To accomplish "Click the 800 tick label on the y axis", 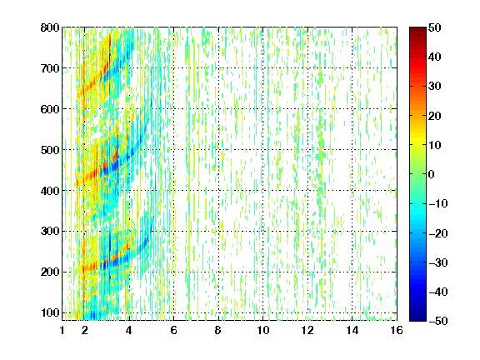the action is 50,27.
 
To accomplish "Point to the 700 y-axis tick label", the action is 50,68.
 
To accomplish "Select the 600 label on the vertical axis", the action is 50,109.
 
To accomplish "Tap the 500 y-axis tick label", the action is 50,150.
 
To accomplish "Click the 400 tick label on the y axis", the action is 50,191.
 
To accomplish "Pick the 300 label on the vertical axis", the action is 50,231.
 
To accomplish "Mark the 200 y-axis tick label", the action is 50,272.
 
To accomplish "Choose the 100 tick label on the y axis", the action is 50,312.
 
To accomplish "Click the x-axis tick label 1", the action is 62,330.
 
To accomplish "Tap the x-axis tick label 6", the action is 173,330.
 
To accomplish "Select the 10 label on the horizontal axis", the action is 263,330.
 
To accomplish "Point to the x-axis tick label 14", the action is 352,330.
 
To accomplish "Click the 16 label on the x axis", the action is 397,330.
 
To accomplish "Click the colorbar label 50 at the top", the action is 434,27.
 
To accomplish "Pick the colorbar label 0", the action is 432,174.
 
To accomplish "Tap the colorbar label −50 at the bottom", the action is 437,321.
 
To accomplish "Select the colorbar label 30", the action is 434,86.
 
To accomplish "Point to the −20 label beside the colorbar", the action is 437,233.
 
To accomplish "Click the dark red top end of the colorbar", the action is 417,29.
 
